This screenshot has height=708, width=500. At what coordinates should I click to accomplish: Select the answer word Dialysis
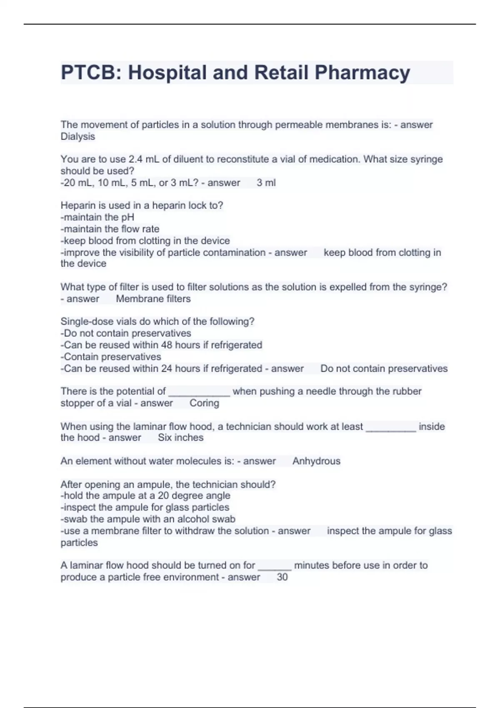[x=78, y=137]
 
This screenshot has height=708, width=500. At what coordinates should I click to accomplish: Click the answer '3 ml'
[x=266, y=183]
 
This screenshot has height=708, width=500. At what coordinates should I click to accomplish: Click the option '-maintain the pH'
[x=97, y=217]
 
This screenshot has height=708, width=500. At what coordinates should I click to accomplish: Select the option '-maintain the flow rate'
[x=110, y=229]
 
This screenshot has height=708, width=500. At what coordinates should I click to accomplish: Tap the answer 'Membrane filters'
[x=153, y=299]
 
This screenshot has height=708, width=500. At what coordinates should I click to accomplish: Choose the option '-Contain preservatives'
[x=111, y=356]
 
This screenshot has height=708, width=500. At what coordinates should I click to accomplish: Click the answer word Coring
[x=204, y=403]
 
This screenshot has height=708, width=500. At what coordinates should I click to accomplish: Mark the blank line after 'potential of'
[x=199, y=393]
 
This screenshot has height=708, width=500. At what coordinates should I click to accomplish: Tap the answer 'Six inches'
[x=181, y=438]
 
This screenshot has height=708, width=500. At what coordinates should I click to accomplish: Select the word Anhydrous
[x=316, y=461]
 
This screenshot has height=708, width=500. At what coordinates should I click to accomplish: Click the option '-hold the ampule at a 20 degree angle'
[x=145, y=496]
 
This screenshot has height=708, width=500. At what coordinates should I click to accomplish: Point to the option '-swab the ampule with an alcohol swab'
[x=148, y=519]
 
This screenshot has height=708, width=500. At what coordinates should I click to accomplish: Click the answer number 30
[x=282, y=577]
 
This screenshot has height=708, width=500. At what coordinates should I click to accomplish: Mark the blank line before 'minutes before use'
[x=275, y=568]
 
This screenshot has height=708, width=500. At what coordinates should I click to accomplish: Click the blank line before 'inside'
[x=391, y=429]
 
